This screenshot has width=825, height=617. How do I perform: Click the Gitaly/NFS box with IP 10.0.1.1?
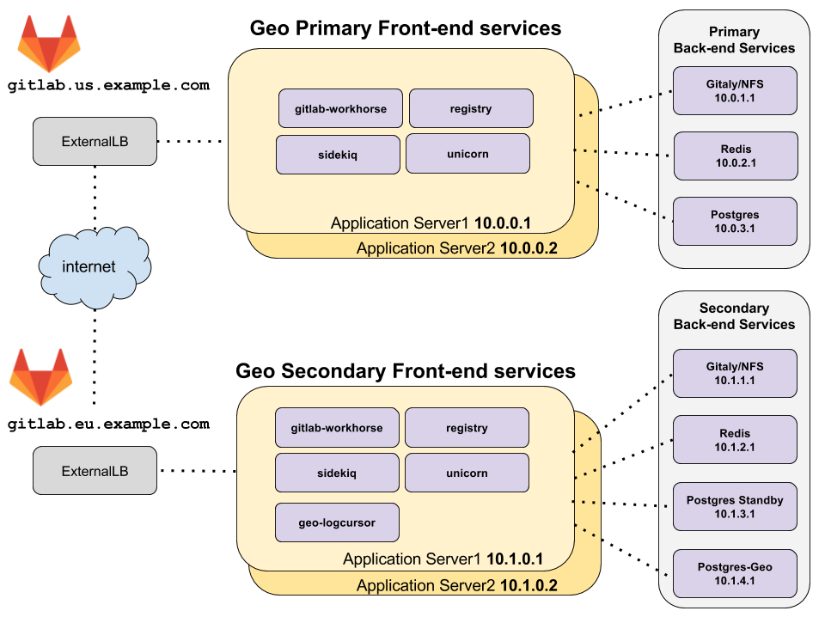pos(735,91)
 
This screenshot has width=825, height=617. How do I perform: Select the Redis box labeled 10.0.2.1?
pos(735,156)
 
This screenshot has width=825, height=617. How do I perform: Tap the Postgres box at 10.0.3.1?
pos(735,221)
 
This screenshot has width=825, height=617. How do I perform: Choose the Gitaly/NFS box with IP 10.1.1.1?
pos(735,373)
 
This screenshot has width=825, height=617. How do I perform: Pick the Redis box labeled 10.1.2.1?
pos(735,440)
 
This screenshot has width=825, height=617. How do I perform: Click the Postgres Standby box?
pos(735,507)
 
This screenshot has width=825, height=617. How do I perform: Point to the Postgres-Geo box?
pos(735,573)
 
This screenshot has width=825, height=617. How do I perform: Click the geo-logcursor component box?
pos(337,522)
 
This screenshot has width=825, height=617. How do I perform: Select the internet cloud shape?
pos(89,267)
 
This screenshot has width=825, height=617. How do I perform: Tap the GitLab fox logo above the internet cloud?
pos(49,44)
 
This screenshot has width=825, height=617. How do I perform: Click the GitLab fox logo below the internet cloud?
pos(41,376)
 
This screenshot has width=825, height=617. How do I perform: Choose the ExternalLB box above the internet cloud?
pos(95,141)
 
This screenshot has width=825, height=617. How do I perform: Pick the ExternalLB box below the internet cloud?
pos(95,470)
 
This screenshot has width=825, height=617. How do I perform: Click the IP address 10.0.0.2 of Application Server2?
pos(529,248)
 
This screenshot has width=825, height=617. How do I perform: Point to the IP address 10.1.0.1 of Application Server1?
pos(515,559)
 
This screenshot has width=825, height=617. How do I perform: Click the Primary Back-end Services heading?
pos(734,40)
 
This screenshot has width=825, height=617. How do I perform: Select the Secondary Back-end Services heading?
pos(734,316)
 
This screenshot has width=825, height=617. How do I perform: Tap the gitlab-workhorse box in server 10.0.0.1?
pos(340,108)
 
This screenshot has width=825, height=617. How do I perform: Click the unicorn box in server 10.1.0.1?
pos(467,473)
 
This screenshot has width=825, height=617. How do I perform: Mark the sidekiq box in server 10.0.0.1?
pos(338,155)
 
